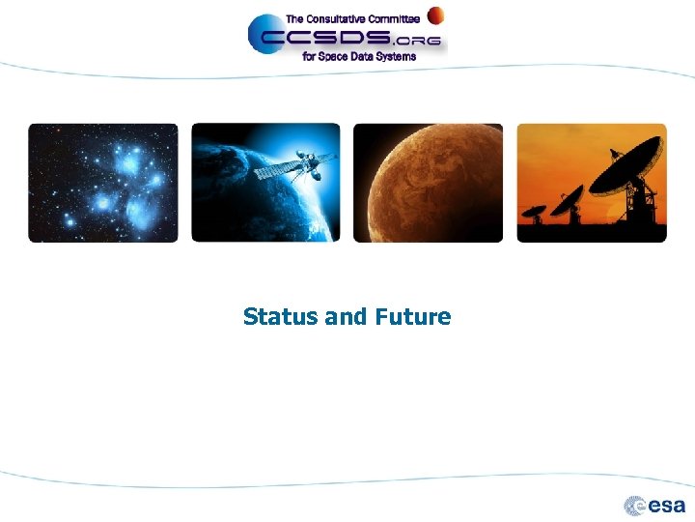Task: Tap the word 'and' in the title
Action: [346, 317]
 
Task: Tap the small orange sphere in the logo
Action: [436, 14]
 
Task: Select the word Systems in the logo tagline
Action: [396, 57]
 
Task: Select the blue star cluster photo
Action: [103, 183]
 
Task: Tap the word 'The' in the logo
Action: [293, 19]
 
